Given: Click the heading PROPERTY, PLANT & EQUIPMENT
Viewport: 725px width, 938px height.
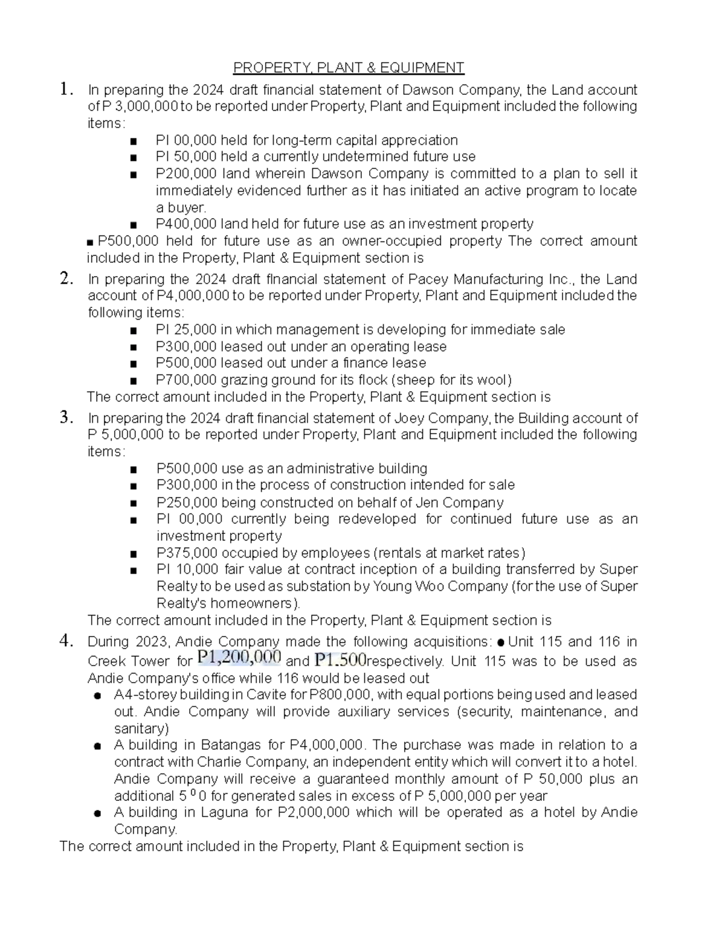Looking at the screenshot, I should [x=349, y=67].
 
